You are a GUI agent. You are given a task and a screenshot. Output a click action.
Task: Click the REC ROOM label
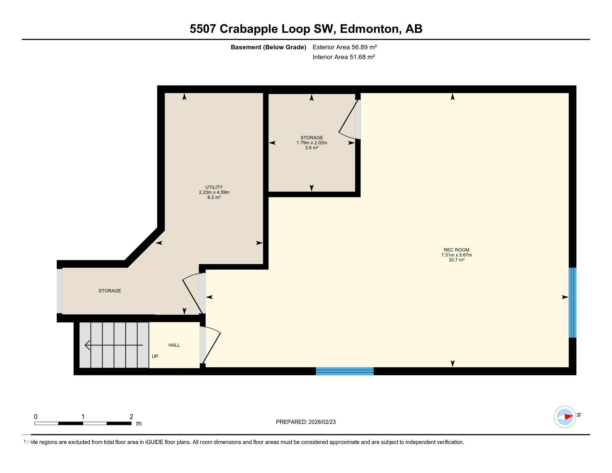pyautogui.click(x=456, y=250)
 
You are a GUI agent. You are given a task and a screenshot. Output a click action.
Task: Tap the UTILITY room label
pyautogui.click(x=214, y=187)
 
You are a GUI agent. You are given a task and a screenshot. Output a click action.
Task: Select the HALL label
pyautogui.click(x=174, y=345)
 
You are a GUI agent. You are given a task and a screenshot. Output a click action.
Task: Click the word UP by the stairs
pyautogui.click(x=155, y=356)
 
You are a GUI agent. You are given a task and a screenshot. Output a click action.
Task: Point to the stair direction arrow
pyautogui.click(x=114, y=345)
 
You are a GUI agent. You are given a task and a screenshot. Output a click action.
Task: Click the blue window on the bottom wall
pyautogui.click(x=344, y=371)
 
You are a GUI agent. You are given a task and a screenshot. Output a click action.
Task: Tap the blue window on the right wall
pyautogui.click(x=572, y=302)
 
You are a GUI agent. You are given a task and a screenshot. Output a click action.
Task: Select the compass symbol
pyautogui.click(x=565, y=417)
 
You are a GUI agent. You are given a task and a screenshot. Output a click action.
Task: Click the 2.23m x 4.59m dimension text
pyautogui.click(x=214, y=192)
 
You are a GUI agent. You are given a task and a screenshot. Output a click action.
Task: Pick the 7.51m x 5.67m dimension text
pyautogui.click(x=456, y=255)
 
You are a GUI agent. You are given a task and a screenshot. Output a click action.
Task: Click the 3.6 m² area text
pyautogui.click(x=312, y=148)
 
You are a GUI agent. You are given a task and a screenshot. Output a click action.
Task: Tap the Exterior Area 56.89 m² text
pyautogui.click(x=344, y=47)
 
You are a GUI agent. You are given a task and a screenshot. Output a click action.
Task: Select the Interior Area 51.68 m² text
pyautogui.click(x=344, y=57)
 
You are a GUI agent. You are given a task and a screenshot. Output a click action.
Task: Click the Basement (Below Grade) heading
pyautogui.click(x=268, y=47)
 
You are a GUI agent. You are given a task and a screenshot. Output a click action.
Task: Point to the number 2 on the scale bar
pyautogui.click(x=131, y=417)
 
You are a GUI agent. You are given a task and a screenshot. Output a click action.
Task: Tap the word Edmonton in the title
pyautogui.click(x=369, y=29)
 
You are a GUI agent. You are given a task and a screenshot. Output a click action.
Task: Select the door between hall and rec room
pyautogui.click(x=211, y=345)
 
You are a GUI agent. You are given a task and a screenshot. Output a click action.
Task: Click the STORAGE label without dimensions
pyautogui.click(x=110, y=291)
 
